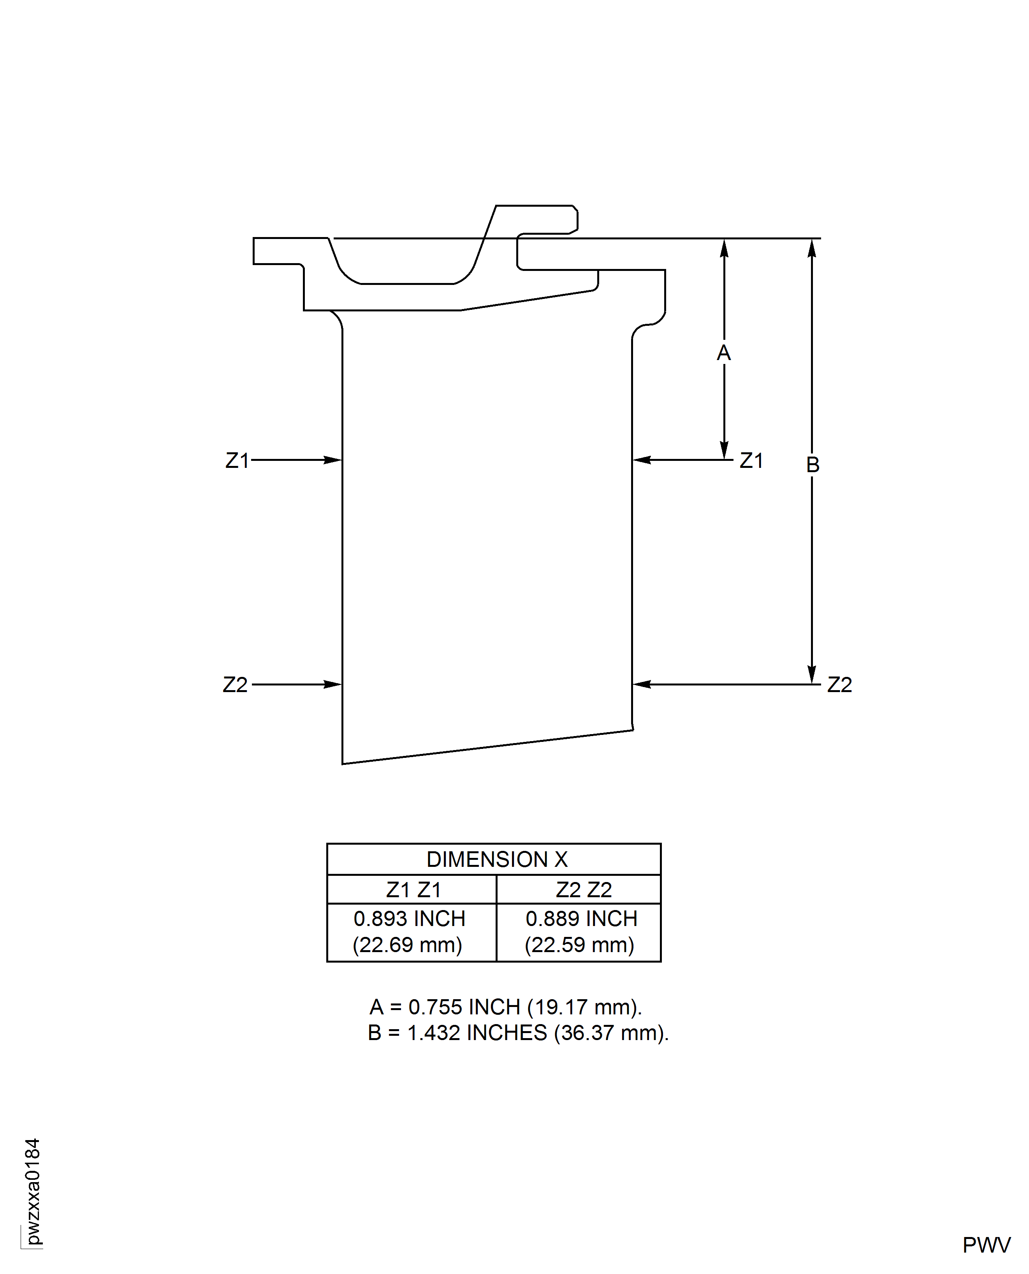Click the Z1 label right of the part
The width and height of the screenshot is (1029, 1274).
tap(751, 460)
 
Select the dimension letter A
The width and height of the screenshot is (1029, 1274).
tap(724, 353)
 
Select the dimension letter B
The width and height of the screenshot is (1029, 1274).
tap(813, 465)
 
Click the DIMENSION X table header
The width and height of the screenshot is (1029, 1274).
tap(497, 859)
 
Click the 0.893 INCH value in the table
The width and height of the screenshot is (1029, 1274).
tap(409, 919)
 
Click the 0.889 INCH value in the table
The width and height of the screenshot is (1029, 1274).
tap(581, 919)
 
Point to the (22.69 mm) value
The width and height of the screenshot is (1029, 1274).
tap(407, 945)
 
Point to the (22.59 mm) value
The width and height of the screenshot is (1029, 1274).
tap(579, 945)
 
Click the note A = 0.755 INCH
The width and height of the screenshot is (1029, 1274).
tap(506, 1007)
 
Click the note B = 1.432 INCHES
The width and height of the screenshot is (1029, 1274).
tap(517, 1033)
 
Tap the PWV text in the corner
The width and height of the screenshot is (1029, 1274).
tap(986, 1245)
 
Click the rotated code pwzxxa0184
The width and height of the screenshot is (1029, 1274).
tap(33, 1191)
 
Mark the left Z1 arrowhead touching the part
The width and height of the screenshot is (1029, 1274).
tap(334, 460)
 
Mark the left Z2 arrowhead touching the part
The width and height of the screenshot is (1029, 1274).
tap(334, 684)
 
